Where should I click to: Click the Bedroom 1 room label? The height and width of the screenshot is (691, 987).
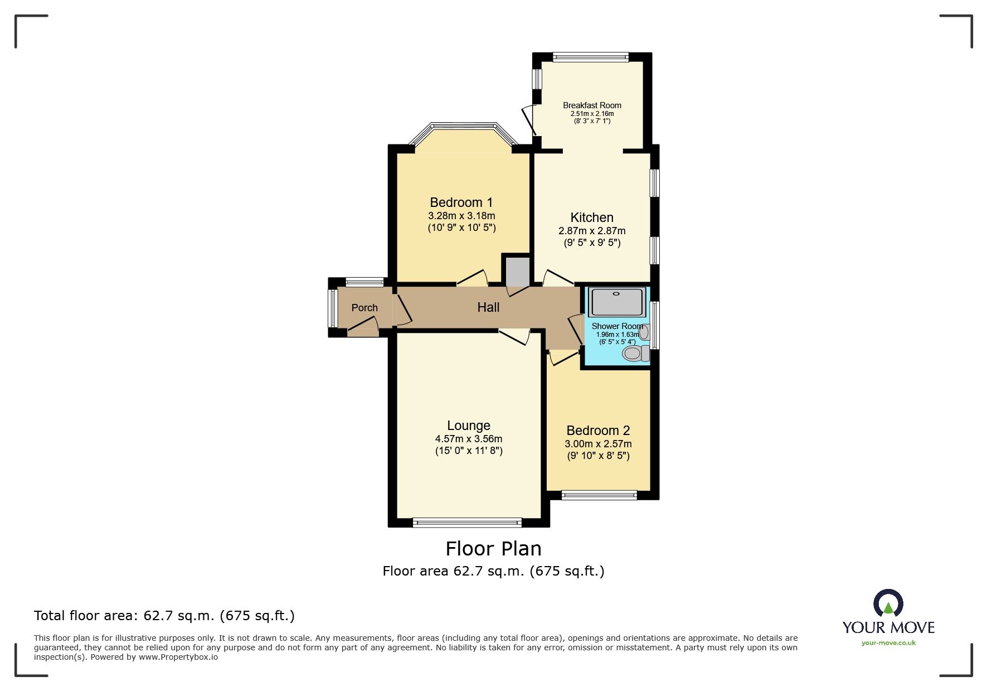(x=461, y=202)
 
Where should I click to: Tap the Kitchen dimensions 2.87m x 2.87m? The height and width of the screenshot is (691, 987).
(x=592, y=231)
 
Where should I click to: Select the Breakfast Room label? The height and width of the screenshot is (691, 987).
(x=592, y=105)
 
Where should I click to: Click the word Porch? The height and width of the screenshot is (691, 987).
(x=364, y=308)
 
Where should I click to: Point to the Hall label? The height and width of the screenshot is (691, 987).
(x=488, y=307)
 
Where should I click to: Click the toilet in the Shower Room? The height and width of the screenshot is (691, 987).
(x=635, y=353)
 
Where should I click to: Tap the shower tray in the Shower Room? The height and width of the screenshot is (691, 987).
(x=616, y=302)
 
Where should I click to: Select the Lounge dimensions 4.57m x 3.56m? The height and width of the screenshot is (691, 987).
(x=469, y=439)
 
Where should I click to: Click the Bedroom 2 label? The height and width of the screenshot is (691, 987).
(x=598, y=431)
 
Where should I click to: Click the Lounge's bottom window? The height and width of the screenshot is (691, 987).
(x=467, y=523)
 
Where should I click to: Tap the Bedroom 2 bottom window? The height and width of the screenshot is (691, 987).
(x=599, y=495)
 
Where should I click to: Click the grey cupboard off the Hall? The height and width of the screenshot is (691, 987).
(x=517, y=271)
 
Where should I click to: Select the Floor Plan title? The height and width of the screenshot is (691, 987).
(x=493, y=549)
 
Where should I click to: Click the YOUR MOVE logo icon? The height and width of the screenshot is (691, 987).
(x=888, y=605)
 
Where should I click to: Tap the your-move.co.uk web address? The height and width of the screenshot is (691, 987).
(x=888, y=643)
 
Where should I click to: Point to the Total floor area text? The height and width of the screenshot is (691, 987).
(x=164, y=616)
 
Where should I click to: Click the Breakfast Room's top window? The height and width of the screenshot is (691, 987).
(x=591, y=56)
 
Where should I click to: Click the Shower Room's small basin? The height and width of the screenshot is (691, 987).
(x=644, y=332)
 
